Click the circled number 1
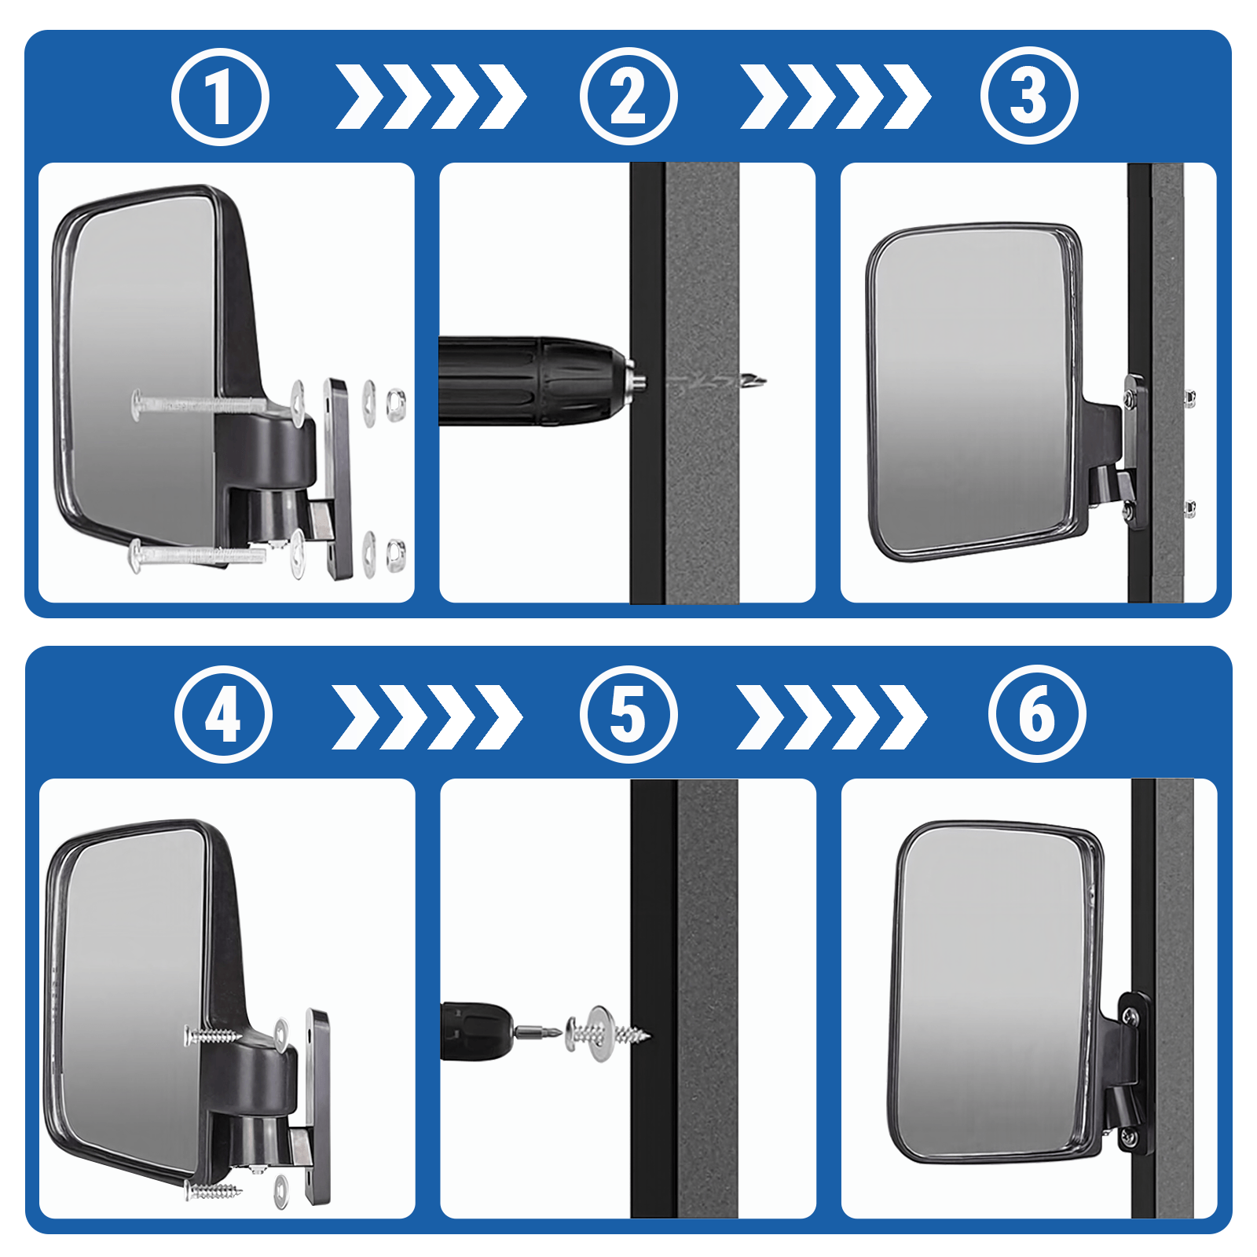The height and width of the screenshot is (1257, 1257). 220,97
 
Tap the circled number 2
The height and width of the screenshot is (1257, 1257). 628,97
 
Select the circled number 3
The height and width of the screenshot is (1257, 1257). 1029,96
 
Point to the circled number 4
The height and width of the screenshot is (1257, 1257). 223,714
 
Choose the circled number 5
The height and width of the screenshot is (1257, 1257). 628,714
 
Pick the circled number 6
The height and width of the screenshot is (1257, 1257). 1037,713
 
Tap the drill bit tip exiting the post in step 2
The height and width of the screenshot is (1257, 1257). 756,383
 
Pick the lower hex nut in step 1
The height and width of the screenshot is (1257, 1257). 397,555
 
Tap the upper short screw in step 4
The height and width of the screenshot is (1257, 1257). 212,1036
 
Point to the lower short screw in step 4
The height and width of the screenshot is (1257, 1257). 212,1191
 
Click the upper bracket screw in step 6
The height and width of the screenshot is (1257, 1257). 1130,1016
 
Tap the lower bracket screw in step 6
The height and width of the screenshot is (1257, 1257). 1128,1136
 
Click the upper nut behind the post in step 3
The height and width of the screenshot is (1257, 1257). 1190,400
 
